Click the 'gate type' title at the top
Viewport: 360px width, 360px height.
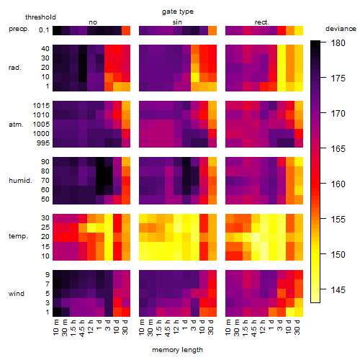click(x=178, y=12)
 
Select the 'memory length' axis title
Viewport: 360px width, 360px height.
click(x=177, y=350)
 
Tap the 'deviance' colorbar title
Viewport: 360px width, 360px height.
click(x=341, y=29)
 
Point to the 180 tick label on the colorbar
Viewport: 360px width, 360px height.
click(x=338, y=43)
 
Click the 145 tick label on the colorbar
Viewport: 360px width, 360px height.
click(x=338, y=290)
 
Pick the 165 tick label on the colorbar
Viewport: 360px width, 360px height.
click(x=338, y=149)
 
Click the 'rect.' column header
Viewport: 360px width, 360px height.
click(x=262, y=22)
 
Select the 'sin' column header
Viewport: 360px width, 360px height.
click(x=177, y=22)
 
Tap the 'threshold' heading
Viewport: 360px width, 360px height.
click(x=40, y=17)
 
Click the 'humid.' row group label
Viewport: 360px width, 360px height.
click(x=20, y=181)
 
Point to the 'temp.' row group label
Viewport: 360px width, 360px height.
click(x=18, y=236)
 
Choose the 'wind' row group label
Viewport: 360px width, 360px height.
click(x=17, y=294)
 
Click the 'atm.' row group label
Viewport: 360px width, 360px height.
click(x=16, y=125)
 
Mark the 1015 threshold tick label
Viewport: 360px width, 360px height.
click(x=41, y=106)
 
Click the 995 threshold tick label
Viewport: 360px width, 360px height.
click(x=43, y=143)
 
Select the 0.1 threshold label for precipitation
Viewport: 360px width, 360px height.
click(x=44, y=30)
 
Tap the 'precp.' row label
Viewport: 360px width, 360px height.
click(x=19, y=29)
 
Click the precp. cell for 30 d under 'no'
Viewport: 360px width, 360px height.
click(x=126, y=30)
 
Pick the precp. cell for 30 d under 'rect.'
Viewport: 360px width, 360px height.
click(x=299, y=30)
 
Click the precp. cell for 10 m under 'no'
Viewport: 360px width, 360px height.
click(x=57, y=30)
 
